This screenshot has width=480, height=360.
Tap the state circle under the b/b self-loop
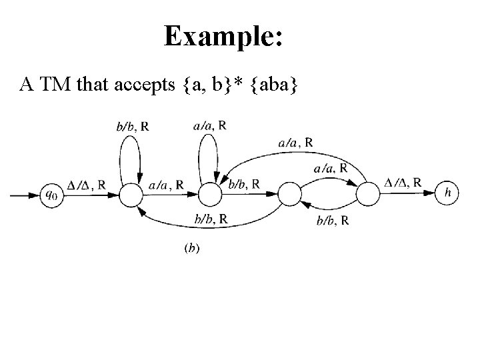click(131, 195)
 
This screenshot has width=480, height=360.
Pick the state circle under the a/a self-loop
click(209, 195)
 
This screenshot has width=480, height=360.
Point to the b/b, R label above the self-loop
click(132, 127)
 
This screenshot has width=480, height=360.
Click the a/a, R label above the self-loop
click(209, 125)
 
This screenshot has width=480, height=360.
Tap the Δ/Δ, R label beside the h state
click(403, 182)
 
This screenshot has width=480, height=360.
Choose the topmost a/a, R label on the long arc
click(295, 142)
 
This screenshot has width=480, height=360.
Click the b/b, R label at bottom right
click(332, 221)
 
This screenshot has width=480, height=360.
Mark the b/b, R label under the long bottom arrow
click(209, 219)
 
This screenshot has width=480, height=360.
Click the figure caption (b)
click(192, 249)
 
